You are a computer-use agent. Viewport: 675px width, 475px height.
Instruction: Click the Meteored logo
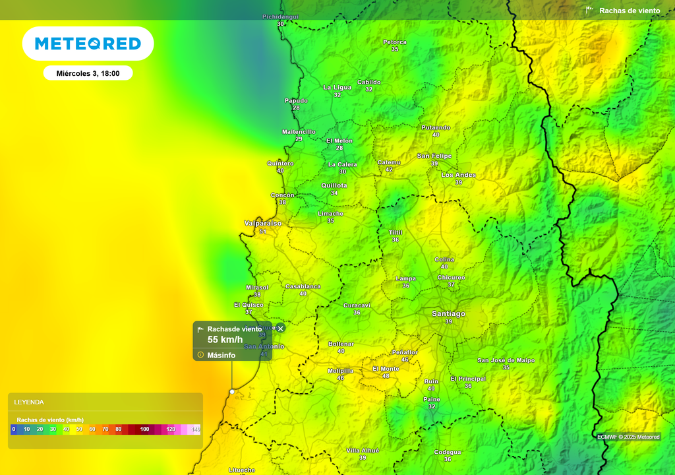(88, 44)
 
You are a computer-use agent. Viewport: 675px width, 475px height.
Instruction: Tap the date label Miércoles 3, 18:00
(88, 73)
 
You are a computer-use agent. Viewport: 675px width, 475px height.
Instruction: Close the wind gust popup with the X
(280, 329)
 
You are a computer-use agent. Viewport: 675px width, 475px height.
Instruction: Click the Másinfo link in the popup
(221, 355)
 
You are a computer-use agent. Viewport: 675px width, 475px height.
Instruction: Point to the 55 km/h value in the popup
(225, 340)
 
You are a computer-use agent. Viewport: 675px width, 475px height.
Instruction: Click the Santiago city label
(448, 314)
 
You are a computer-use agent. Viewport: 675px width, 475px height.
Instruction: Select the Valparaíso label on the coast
(263, 224)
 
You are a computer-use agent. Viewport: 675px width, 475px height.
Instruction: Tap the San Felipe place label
(434, 156)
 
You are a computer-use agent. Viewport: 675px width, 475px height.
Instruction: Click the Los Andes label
(458, 175)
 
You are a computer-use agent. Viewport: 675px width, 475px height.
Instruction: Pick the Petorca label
(395, 42)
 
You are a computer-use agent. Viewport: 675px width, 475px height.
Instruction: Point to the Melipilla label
(341, 371)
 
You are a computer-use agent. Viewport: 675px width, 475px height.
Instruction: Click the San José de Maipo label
(506, 360)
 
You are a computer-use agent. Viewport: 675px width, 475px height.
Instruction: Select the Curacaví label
(357, 305)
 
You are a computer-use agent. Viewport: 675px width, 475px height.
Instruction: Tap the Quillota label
(334, 186)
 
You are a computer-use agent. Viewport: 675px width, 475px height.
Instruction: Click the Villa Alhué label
(363, 451)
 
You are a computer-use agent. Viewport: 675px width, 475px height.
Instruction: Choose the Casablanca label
(303, 286)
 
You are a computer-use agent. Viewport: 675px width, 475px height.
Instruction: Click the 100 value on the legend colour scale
(145, 429)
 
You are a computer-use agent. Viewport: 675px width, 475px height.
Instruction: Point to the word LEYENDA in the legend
(29, 402)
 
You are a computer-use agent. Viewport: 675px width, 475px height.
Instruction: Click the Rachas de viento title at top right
(629, 11)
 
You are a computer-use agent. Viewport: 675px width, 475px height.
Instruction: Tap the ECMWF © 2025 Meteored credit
(628, 437)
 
